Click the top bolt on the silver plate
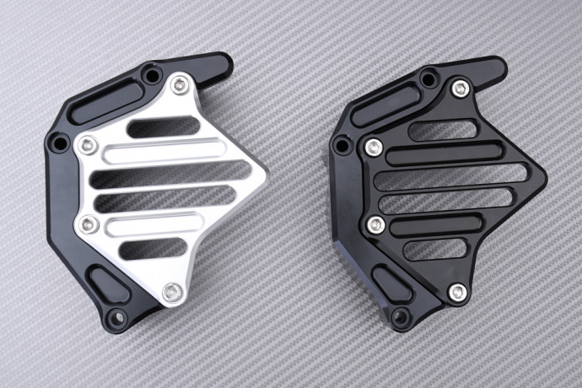[180, 84]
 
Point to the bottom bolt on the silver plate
[174, 293]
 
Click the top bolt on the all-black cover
[460, 88]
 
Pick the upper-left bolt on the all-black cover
[374, 148]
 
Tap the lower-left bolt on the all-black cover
[377, 224]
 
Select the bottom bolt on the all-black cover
[457, 292]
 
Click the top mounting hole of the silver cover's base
[151, 75]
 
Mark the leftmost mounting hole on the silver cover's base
[59, 143]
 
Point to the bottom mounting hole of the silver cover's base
[117, 317]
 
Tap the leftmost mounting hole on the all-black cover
[342, 145]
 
